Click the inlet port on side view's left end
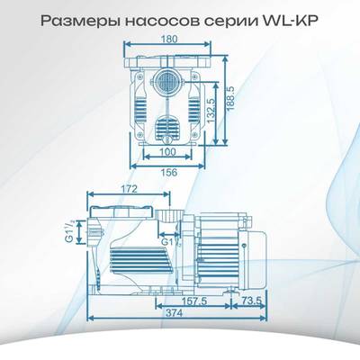(x=94, y=232)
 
